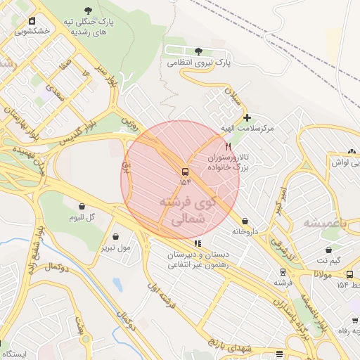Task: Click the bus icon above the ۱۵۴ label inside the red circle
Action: pyautogui.click(x=185, y=172)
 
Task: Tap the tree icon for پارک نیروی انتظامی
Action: pyautogui.click(x=199, y=51)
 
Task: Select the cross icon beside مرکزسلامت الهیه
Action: pyautogui.click(x=247, y=117)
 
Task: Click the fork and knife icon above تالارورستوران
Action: pyautogui.click(x=228, y=146)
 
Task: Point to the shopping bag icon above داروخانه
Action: pyautogui.click(x=245, y=220)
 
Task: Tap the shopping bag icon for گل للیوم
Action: pyautogui.click(x=84, y=207)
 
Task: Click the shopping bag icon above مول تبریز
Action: pyautogui.click(x=115, y=237)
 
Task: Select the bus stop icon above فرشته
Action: pyautogui.click(x=283, y=271)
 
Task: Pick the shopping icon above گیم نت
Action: pyautogui.click(x=328, y=250)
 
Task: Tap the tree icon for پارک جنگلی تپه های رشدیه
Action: pyautogui.click(x=88, y=11)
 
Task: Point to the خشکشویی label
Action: pyautogui.click(x=36, y=32)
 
